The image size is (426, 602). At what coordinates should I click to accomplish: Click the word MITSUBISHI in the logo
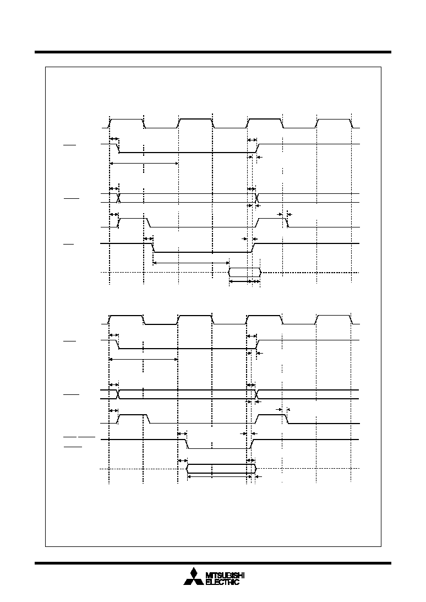(x=225, y=576)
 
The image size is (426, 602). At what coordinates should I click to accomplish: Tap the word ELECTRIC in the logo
(x=222, y=582)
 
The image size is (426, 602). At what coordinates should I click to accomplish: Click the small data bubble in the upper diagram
(x=245, y=273)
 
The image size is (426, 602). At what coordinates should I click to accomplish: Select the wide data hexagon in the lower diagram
(x=221, y=469)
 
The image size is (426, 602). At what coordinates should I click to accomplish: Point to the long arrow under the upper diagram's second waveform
(x=144, y=164)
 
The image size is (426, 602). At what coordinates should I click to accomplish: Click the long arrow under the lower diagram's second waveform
(x=144, y=359)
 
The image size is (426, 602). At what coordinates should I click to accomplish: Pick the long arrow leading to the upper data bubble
(x=191, y=263)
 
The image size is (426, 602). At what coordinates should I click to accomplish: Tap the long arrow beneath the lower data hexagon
(x=217, y=477)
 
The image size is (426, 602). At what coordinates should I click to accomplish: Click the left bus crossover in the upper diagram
(x=119, y=198)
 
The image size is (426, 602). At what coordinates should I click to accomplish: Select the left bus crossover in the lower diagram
(x=118, y=394)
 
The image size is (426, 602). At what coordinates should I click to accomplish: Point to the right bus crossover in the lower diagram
(x=256, y=394)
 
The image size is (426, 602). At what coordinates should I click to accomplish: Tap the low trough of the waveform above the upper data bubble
(x=202, y=252)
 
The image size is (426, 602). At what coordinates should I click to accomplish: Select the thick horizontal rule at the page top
(x=213, y=52)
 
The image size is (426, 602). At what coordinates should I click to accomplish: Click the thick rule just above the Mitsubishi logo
(x=213, y=563)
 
